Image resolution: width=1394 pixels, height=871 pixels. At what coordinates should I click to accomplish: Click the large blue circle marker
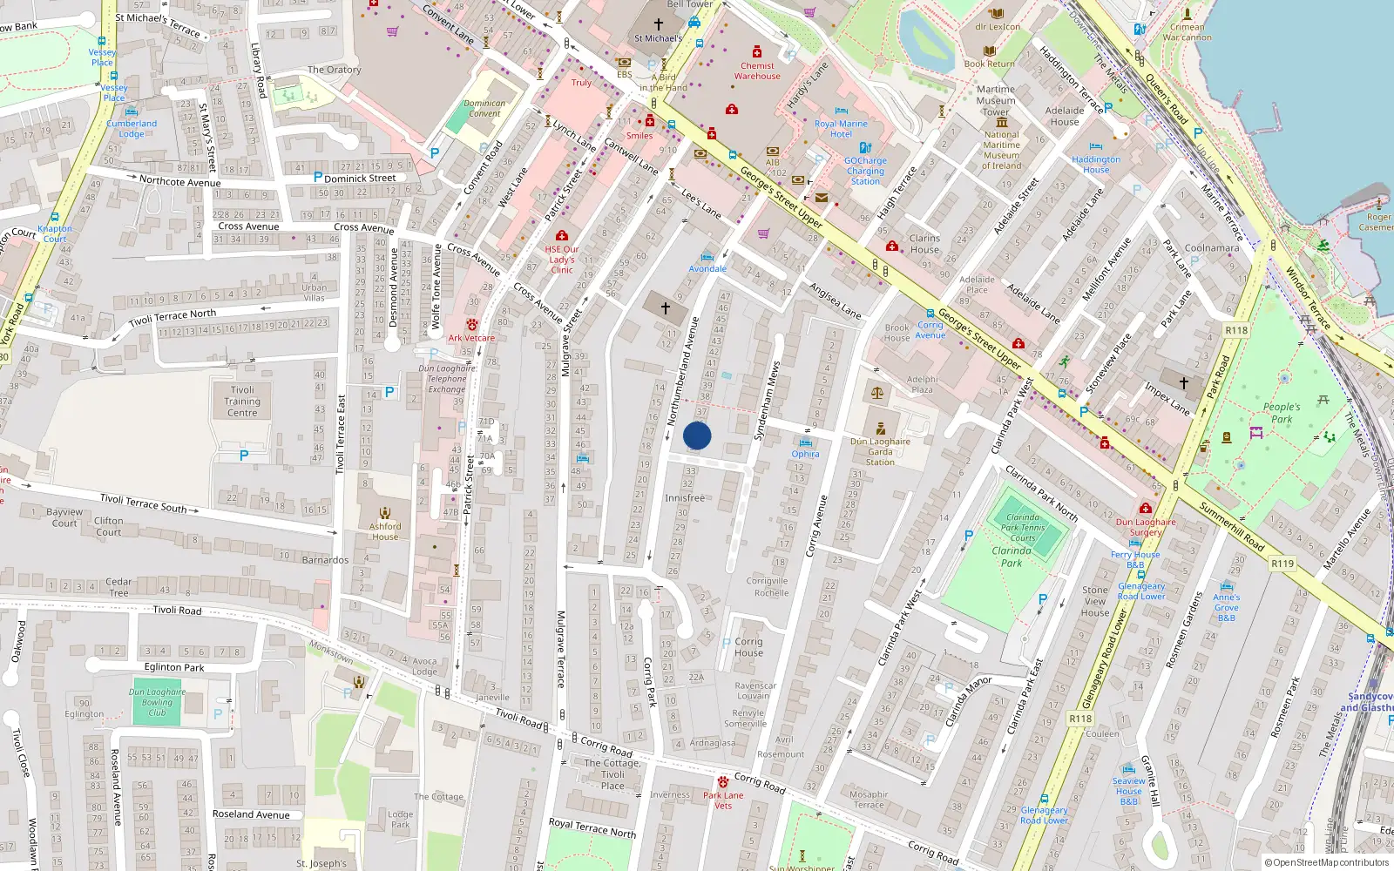click(x=697, y=435)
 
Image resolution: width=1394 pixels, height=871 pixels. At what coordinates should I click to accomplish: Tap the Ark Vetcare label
click(x=471, y=338)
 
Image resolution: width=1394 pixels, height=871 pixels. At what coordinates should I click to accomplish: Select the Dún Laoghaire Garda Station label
click(x=880, y=451)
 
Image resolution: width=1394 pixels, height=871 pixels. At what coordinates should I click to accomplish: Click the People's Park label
click(x=1281, y=413)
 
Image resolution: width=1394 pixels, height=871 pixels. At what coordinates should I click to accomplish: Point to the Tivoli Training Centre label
click(x=242, y=402)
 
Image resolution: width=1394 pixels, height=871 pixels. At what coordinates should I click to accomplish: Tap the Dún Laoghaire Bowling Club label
click(x=157, y=702)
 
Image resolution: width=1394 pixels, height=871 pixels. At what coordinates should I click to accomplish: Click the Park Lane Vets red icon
click(x=722, y=781)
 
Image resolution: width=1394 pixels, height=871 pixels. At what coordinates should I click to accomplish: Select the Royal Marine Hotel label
click(x=841, y=129)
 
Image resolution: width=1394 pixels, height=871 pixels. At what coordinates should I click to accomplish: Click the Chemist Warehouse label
click(x=757, y=71)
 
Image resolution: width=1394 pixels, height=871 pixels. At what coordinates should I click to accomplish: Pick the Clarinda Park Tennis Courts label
click(x=1023, y=527)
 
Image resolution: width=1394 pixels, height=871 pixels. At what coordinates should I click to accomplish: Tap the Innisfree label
click(x=685, y=498)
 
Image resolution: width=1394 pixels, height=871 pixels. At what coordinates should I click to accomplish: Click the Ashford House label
click(x=385, y=531)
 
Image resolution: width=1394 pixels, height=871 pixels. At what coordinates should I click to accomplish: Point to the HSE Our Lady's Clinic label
click(x=562, y=260)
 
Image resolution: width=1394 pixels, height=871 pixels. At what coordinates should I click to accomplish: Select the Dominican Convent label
click(x=484, y=108)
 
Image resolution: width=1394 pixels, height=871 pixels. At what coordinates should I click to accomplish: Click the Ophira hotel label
click(x=805, y=454)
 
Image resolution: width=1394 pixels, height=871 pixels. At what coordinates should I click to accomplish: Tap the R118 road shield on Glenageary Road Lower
click(x=1080, y=719)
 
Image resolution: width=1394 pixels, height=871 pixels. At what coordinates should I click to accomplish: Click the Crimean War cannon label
click(x=1187, y=32)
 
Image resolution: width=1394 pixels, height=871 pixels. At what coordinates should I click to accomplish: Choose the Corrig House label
click(x=748, y=647)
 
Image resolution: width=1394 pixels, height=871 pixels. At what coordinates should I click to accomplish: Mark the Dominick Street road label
click(x=360, y=178)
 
